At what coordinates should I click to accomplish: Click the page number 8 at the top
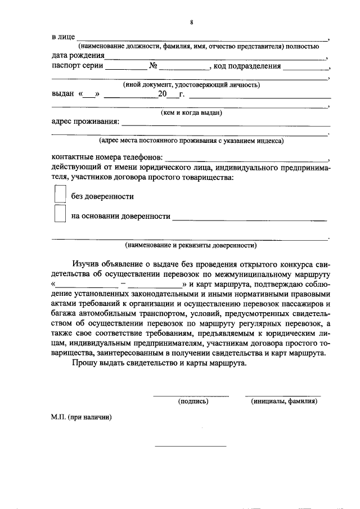click(x=191, y=22)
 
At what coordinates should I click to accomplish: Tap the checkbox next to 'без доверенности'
click(x=60, y=195)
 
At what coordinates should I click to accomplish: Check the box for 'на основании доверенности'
click(x=60, y=215)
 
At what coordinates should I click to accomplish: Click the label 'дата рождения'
click(x=77, y=56)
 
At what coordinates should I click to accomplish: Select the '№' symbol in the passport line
click(x=152, y=66)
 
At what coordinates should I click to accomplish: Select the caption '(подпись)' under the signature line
click(x=193, y=402)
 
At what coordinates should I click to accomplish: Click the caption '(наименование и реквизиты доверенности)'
click(x=191, y=245)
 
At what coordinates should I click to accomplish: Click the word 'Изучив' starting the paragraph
click(x=85, y=264)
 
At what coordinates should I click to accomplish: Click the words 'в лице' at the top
click(x=63, y=37)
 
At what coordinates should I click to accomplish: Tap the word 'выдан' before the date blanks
click(x=62, y=94)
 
